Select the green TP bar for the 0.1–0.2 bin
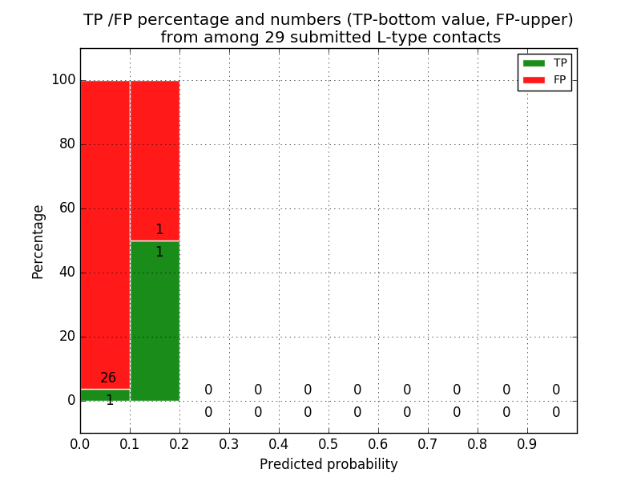point(155,321)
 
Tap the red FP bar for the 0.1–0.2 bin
point(155,160)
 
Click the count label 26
point(108,378)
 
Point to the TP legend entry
point(544,63)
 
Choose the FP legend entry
point(544,79)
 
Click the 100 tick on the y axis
point(63,80)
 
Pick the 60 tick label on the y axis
point(67,208)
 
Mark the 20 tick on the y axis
point(67,337)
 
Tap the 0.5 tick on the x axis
point(329,443)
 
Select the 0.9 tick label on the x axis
point(527,443)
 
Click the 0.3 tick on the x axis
point(229,443)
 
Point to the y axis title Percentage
point(38,241)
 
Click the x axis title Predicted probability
point(329,464)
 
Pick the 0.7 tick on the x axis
point(428,443)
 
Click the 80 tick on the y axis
point(67,144)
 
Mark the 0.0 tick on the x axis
point(80,443)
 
